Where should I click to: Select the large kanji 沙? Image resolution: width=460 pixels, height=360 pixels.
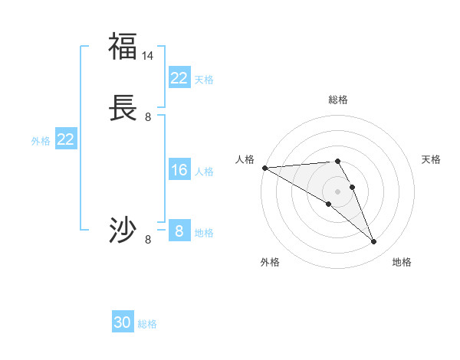pyautogui.click(x=123, y=230)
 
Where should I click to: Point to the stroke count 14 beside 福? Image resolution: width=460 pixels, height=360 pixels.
pyautogui.click(x=148, y=56)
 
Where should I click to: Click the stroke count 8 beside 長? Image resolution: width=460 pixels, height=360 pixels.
pyautogui.click(x=148, y=117)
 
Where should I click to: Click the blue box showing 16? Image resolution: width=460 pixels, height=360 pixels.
pyautogui.click(x=179, y=170)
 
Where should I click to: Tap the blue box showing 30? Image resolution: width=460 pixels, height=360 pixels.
pyautogui.click(x=123, y=322)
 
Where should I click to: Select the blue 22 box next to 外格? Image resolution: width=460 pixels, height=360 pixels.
pyautogui.click(x=66, y=139)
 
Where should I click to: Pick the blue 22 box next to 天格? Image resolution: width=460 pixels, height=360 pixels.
pyautogui.click(x=179, y=78)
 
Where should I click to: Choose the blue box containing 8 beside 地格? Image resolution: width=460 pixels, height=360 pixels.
pyautogui.click(x=179, y=231)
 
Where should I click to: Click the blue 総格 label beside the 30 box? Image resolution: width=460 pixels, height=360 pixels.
pyautogui.click(x=147, y=324)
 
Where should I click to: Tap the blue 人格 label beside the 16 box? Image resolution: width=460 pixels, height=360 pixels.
pyautogui.click(x=204, y=172)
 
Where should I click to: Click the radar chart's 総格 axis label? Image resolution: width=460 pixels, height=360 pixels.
pyautogui.click(x=337, y=100)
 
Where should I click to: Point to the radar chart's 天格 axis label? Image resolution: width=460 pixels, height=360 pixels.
pyautogui.click(x=431, y=159)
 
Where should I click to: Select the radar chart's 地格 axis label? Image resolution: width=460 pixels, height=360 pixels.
pyautogui.click(x=402, y=262)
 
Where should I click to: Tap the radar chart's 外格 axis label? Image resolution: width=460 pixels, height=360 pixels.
pyautogui.click(x=270, y=262)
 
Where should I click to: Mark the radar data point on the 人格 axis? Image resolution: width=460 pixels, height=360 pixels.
pyautogui.click(x=264, y=167)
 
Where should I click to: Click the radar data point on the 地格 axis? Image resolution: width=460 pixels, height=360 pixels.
pyautogui.click(x=373, y=242)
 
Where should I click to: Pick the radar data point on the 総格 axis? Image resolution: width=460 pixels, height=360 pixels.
pyautogui.click(x=337, y=161)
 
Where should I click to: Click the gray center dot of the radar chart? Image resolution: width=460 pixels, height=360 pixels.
pyautogui.click(x=337, y=191)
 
